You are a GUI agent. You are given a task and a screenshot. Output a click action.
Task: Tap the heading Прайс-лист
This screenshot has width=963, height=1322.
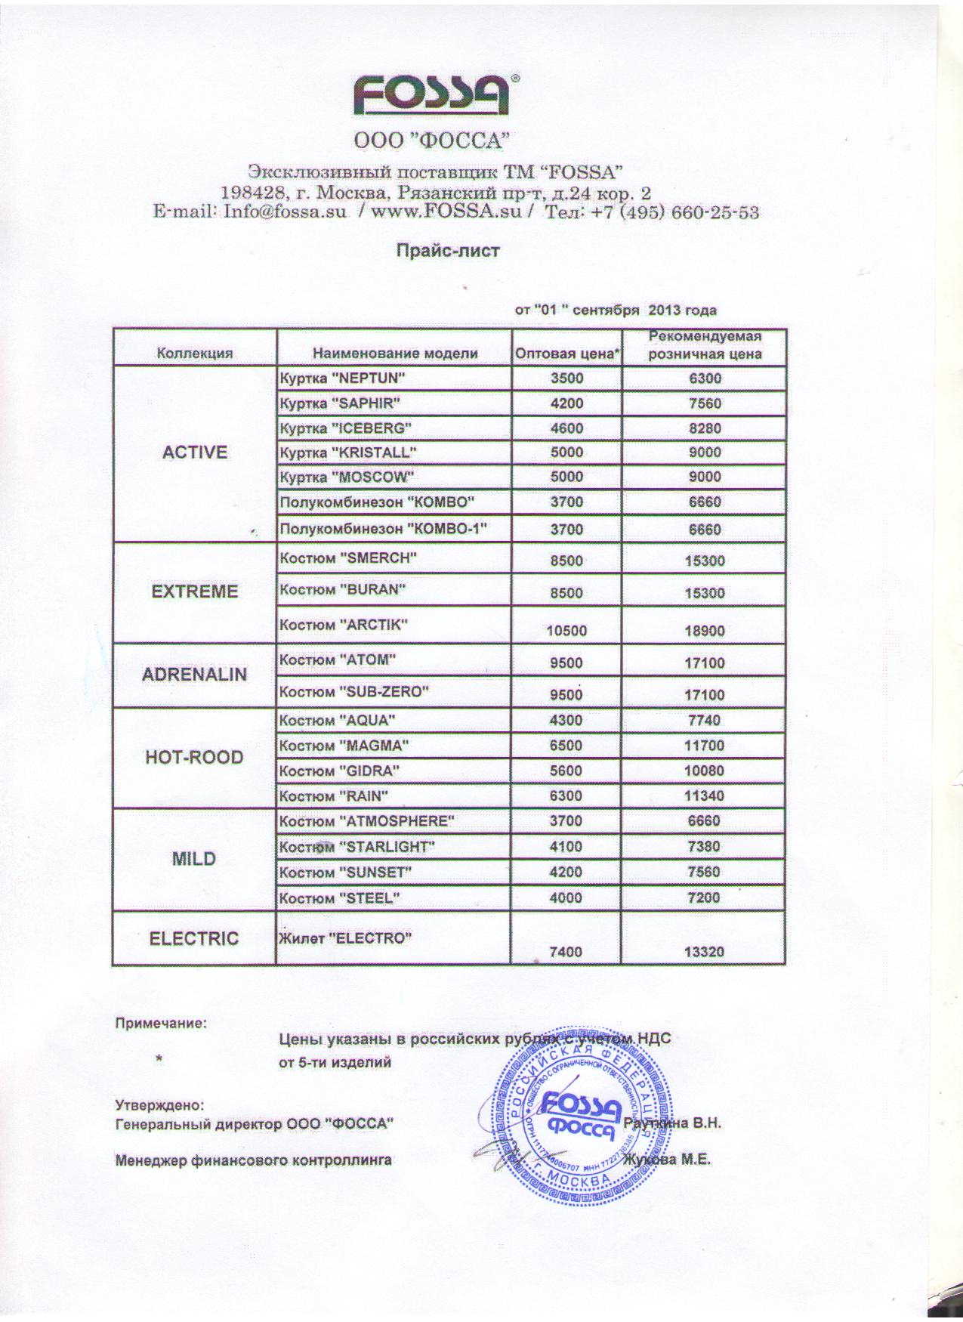pos(449,250)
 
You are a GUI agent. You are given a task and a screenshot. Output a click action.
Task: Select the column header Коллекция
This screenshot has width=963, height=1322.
pos(195,353)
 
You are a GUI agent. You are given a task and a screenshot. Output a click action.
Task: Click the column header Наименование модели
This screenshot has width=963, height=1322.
pos(395,353)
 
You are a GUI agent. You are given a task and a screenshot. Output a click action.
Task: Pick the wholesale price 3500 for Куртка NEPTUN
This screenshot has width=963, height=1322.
pos(566,378)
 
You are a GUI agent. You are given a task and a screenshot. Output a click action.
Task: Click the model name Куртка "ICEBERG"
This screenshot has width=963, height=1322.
pos(345,428)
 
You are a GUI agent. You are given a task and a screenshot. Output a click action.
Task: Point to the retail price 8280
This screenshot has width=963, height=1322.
pos(705,428)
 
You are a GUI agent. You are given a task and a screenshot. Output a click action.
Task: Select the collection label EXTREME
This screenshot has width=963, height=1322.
pos(195,592)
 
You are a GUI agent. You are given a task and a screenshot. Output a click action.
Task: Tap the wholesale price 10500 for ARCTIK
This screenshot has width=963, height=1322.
pos(566,631)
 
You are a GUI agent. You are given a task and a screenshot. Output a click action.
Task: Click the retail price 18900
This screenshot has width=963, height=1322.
pos(705,631)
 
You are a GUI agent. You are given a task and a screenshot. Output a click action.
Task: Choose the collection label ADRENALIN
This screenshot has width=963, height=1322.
pos(195,674)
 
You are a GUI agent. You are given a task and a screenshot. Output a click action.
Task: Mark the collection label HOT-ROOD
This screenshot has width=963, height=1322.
pos(195,757)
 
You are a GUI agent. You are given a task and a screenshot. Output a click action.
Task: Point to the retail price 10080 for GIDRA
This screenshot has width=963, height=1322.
pos(705,771)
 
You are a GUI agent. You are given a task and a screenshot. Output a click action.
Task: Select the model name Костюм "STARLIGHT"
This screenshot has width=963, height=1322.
pos(357,847)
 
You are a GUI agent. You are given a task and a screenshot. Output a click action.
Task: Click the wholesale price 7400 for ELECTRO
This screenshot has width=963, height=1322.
pos(566,952)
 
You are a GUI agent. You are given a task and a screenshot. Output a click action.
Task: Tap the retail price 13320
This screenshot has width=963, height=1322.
pos(705,952)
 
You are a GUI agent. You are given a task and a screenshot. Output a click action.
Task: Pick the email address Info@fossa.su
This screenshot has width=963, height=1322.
pos(285,212)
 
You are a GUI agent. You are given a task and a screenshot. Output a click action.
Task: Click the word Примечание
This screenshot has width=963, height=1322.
pos(160,1024)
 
